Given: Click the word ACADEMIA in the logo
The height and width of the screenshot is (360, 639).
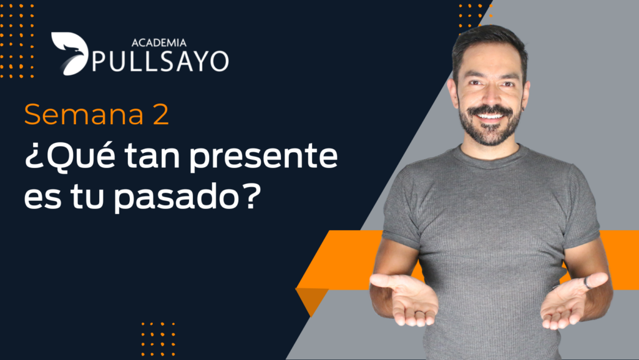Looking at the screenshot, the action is (159, 42).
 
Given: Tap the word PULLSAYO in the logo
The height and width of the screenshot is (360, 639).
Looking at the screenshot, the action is (160, 62).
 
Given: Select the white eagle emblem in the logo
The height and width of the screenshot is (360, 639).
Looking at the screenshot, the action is (70, 54).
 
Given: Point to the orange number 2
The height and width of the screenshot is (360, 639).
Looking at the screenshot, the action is (161, 114).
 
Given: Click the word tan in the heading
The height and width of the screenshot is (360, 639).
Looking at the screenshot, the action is (152, 157).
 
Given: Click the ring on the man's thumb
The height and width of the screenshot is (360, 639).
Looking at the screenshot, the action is (587, 283).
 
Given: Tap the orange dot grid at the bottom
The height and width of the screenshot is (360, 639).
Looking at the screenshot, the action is (158, 339).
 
